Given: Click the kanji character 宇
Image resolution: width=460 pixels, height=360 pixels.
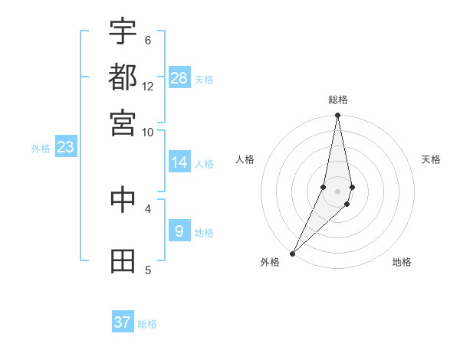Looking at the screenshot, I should pyautogui.click(x=123, y=32).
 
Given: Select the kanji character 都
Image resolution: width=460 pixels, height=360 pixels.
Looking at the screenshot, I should pyautogui.click(x=123, y=77).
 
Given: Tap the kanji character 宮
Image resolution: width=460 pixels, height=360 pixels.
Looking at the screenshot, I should pyautogui.click(x=123, y=123).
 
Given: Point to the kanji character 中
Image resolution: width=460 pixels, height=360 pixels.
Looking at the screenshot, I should pyautogui.click(x=123, y=199).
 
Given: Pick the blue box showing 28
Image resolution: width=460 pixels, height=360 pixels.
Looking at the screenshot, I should pyautogui.click(x=179, y=78).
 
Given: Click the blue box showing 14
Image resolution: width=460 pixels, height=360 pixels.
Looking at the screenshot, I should pyautogui.click(x=179, y=162).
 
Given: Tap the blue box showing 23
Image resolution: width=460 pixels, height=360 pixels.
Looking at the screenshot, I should pyautogui.click(x=64, y=147).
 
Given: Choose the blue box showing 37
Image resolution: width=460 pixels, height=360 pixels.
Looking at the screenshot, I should pyautogui.click(x=123, y=322).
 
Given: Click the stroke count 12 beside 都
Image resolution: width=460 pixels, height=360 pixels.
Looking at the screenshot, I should pyautogui.click(x=148, y=87).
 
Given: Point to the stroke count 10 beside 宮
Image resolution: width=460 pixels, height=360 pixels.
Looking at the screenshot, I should pyautogui.click(x=148, y=132).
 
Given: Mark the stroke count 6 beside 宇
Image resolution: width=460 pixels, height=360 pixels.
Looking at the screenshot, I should pyautogui.click(x=148, y=40).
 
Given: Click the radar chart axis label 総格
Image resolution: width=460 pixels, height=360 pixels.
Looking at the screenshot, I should pyautogui.click(x=337, y=100).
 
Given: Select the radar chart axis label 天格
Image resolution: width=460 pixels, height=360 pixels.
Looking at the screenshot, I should pyautogui.click(x=431, y=159).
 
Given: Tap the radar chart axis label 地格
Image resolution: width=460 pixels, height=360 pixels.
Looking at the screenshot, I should pyautogui.click(x=402, y=262).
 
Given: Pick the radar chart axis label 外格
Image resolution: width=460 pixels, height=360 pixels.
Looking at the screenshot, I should pyautogui.click(x=270, y=262).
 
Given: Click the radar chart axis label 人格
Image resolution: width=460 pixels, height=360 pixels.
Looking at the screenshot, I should pyautogui.click(x=245, y=159).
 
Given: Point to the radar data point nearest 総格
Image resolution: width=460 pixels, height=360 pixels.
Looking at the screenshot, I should pyautogui.click(x=337, y=116).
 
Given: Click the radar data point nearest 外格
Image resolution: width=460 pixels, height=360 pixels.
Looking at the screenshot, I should pyautogui.click(x=292, y=253).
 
